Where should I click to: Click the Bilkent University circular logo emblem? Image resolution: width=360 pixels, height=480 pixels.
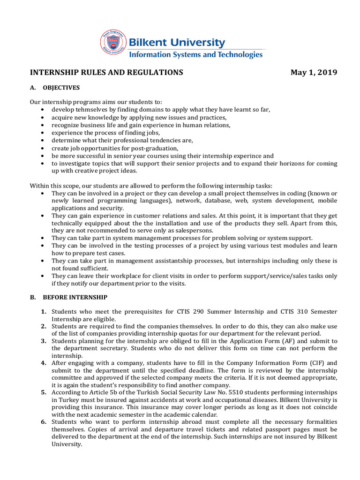pos(113,42)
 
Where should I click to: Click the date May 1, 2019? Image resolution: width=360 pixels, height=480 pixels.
pos(314,72)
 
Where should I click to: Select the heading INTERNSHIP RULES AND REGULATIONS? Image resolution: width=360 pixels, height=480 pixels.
pos(106,72)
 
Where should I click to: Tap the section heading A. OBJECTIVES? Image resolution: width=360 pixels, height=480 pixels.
pos(55,88)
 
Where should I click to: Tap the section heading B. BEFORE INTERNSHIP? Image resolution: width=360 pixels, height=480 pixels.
pos(68,297)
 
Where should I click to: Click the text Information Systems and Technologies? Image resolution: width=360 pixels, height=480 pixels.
pos(195,54)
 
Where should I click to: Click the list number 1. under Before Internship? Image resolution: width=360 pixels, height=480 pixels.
pos(43,312)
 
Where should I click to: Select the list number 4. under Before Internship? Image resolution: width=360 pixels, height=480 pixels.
pos(43,363)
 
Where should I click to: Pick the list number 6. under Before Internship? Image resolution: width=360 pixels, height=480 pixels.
pos(43,422)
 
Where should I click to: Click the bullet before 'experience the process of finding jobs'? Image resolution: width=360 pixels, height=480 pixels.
pos(43,133)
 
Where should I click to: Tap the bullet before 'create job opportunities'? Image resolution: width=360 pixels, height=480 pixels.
pos(43,148)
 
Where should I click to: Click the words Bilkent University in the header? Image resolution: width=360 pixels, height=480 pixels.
pos(177,43)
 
